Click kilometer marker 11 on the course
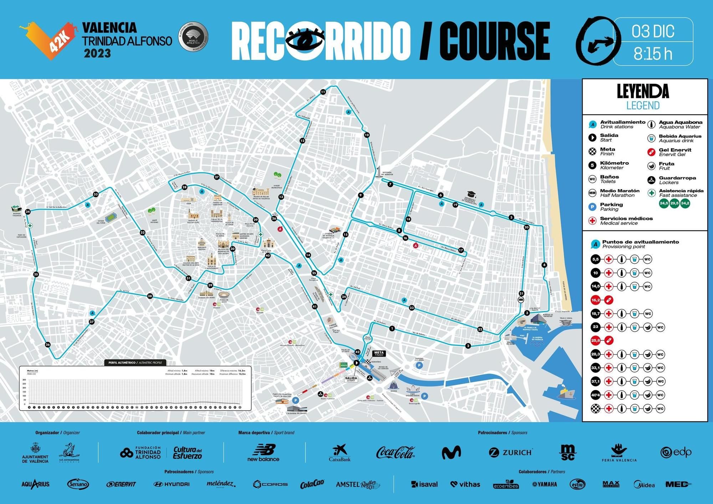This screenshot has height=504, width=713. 323,92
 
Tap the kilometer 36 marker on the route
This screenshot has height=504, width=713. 48,345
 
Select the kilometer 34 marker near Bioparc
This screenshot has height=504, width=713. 28,212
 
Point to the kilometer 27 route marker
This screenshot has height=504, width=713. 217,177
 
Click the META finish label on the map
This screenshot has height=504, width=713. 379,354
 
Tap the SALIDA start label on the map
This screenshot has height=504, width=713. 351,379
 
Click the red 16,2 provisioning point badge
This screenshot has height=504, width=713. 596,300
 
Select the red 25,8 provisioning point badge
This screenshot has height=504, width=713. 596,340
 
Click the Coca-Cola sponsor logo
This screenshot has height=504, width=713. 395,453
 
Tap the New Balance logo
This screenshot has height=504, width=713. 263,453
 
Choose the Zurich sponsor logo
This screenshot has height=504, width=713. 511,452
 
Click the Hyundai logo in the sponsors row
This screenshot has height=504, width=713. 171,484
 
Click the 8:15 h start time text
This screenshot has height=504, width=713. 653,54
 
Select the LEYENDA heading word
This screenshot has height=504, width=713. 643,92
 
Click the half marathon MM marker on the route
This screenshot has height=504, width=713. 521,300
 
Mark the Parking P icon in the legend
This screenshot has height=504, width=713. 593,207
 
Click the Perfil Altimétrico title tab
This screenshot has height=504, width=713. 135,363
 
